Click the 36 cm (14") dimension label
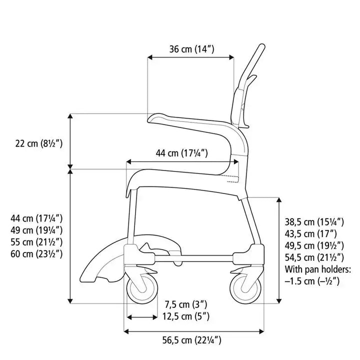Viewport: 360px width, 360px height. pos(191,49)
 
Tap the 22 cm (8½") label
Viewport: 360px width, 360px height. pos(38,143)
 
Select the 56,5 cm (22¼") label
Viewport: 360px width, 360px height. pos(192,341)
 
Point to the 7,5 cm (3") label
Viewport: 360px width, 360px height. pos(185,304)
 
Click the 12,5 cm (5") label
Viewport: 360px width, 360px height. pos(186,316)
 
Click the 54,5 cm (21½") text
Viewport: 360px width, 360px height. pos(313,258)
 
